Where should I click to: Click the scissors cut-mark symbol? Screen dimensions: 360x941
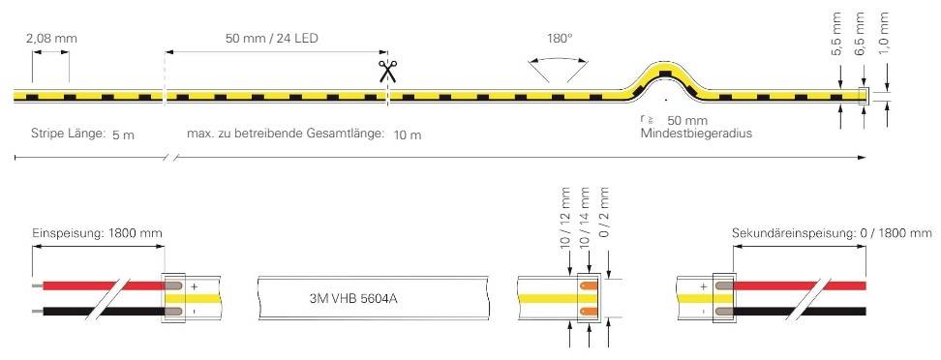pos(388,70)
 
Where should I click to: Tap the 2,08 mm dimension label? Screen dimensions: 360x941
pos(52,39)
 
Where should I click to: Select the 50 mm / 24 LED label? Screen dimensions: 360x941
pos(272,39)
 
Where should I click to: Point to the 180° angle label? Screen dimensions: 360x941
pos(560,38)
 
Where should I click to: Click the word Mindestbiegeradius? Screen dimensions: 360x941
pos(696,134)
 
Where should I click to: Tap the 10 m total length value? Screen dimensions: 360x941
pos(408,134)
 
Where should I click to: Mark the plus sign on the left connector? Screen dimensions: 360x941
pos(193,286)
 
